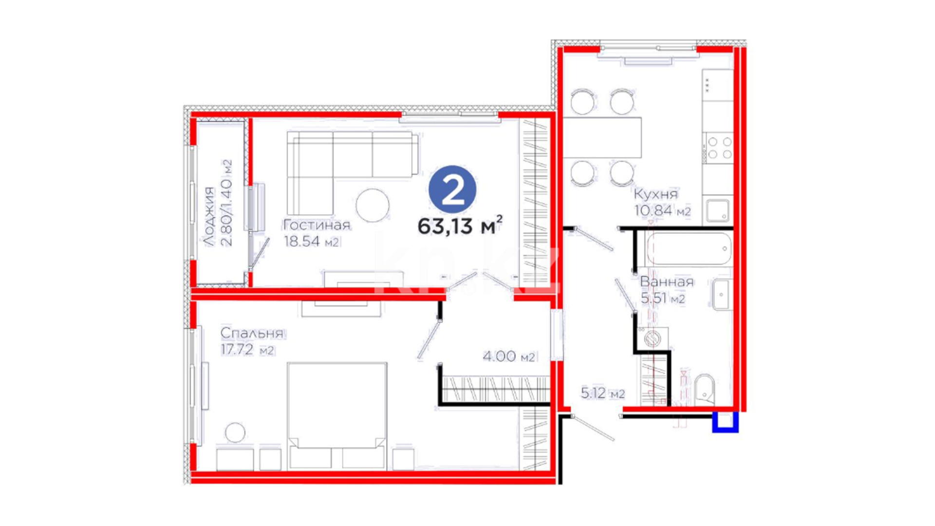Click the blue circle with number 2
[x=452, y=189]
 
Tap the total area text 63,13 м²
[x=460, y=225]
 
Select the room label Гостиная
[x=317, y=225]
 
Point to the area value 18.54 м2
[x=311, y=241]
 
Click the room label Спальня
[x=251, y=333]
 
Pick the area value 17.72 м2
[x=247, y=350]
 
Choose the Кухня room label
[x=655, y=194]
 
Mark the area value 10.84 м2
[x=662, y=210]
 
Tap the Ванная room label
[x=667, y=282]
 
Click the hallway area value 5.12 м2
[x=602, y=393]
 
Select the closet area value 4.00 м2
[x=509, y=357]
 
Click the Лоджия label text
[x=209, y=216]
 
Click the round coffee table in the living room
[x=373, y=205]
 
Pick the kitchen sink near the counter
[x=717, y=210]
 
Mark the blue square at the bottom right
[x=726, y=422]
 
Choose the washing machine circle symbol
[x=652, y=338]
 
